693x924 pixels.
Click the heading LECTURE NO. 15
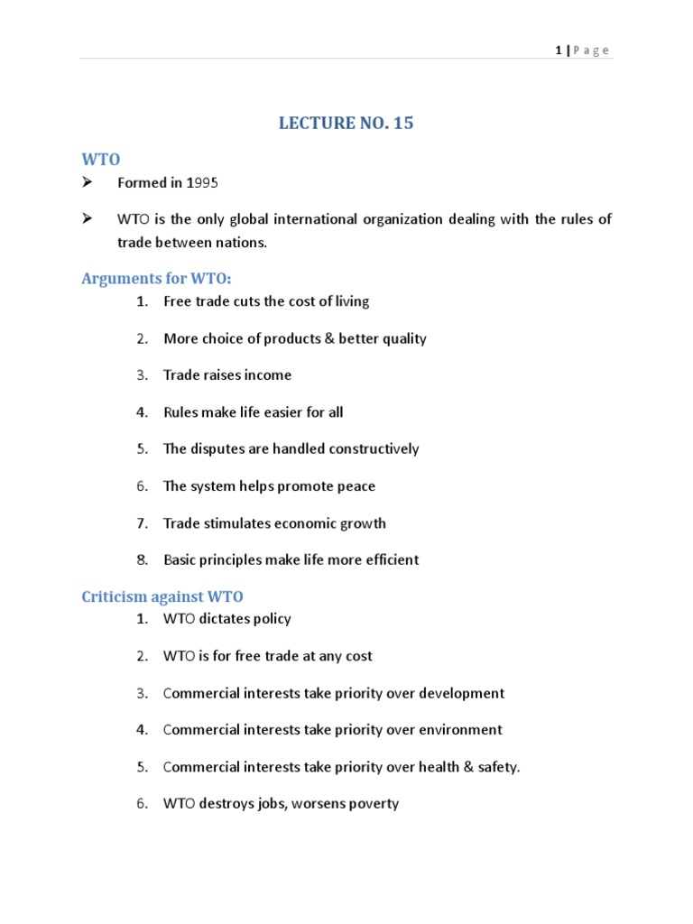click(x=346, y=124)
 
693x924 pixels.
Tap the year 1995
click(x=203, y=183)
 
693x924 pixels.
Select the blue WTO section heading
click(x=101, y=159)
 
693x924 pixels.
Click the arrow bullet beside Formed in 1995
click(x=88, y=183)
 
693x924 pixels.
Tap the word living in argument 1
click(x=348, y=301)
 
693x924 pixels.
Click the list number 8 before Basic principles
click(x=142, y=560)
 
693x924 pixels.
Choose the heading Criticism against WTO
click(x=162, y=596)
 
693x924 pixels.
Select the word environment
click(x=457, y=730)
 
